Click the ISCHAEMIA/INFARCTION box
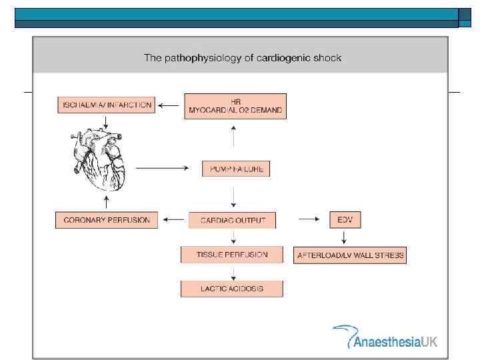click(107, 105)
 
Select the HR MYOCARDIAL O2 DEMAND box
click(235, 106)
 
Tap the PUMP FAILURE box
click(236, 169)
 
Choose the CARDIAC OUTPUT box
click(233, 220)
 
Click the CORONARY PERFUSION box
click(107, 220)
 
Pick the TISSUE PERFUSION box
click(232, 255)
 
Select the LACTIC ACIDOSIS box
click(232, 289)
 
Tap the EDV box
click(345, 220)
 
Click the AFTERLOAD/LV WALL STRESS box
click(349, 255)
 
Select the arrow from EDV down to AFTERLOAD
click(344, 237)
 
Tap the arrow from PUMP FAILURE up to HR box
click(233, 137)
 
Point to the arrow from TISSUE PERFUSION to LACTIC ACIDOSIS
click(233, 272)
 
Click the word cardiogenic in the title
click(278, 58)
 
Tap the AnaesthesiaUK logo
click(385, 337)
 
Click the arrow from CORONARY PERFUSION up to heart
click(106, 201)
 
